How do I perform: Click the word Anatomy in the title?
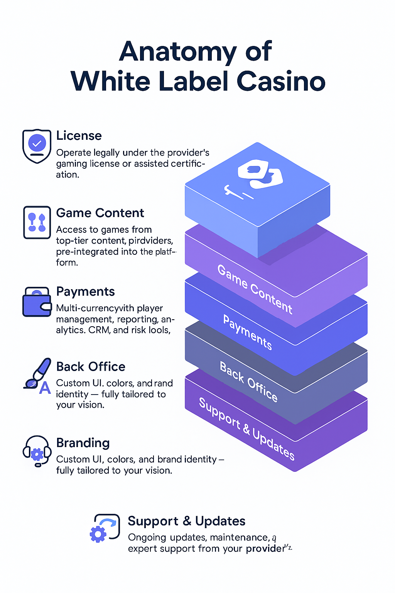pos(177,52)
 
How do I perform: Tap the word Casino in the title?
pos(281,81)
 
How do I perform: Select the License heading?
pos(79,136)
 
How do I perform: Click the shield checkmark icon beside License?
pos(37,146)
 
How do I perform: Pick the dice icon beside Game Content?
pos(37,222)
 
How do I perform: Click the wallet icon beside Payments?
pos(37,302)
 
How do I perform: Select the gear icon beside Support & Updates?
pos(99,534)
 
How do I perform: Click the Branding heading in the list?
pos(83,443)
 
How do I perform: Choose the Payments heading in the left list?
pos(85,291)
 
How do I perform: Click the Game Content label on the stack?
pos(255,289)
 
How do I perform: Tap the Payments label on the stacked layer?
pos(248,332)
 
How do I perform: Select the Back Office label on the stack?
pos(249,381)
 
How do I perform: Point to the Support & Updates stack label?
pos(247,429)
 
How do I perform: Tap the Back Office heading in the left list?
pos(91,366)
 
